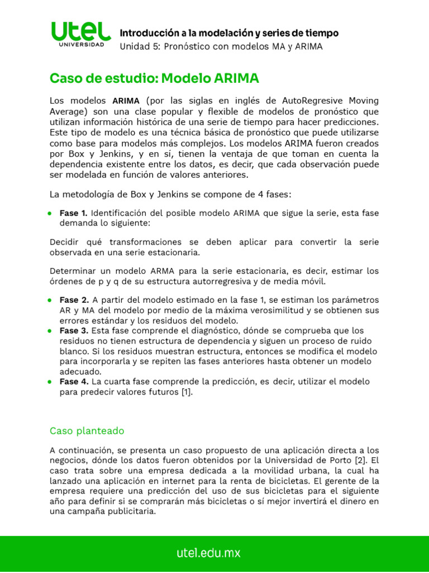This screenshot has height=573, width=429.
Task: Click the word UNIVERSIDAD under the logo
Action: pos(81,45)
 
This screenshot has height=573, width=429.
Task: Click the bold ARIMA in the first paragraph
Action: pos(126,101)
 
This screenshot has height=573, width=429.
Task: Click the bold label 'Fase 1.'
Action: pos(73,213)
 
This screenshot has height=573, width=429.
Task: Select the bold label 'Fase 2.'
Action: pos(74,300)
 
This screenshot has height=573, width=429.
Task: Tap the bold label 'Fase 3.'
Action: pos(74,331)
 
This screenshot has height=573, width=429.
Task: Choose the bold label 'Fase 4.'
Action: pos(74,382)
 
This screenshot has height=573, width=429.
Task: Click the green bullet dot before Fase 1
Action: pos(50,214)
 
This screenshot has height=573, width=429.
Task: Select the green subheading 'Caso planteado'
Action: pos(87,431)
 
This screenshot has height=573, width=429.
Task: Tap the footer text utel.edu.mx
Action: pos(208,553)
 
